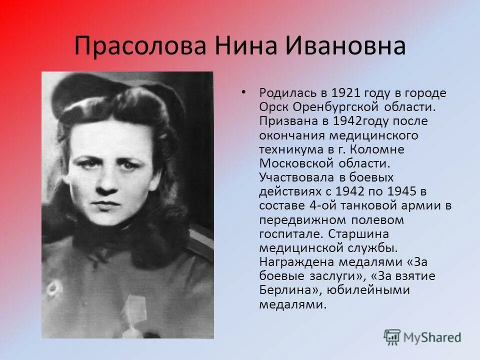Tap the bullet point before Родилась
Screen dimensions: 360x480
pyautogui.click(x=243, y=92)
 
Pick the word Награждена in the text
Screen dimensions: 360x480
pyautogui.click(x=294, y=262)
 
